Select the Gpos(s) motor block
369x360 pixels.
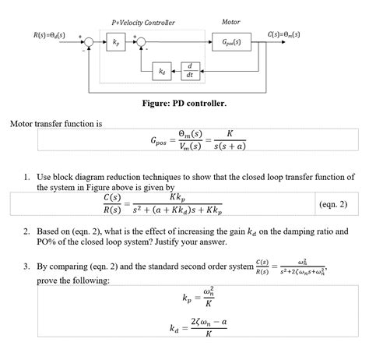click(231, 41)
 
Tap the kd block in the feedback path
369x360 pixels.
click(162, 71)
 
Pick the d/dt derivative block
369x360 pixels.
click(191, 71)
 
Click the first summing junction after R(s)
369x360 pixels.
click(90, 41)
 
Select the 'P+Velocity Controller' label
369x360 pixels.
click(143, 23)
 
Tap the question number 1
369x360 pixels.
click(26, 178)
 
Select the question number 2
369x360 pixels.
click(26, 232)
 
